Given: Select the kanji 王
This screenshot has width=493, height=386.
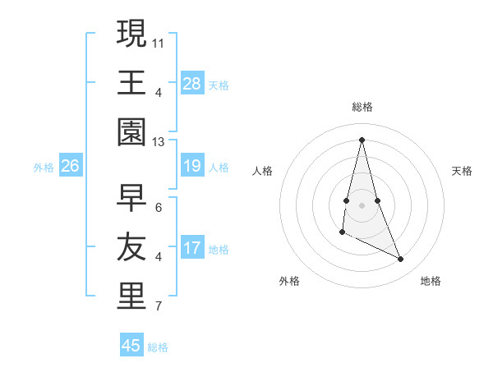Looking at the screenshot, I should tap(131, 82).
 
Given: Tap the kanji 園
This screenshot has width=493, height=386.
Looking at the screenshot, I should tap(131, 132).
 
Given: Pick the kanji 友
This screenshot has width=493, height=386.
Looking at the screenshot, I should tap(131, 247).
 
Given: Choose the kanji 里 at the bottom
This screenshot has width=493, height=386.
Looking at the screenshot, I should tap(131, 296).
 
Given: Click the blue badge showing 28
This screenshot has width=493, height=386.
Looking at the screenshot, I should tap(192, 84).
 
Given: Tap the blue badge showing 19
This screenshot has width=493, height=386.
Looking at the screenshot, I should tap(192, 167).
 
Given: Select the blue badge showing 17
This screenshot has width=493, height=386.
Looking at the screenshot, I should tap(192, 249).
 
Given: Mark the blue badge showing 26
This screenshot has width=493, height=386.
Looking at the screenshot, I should tap(71, 167).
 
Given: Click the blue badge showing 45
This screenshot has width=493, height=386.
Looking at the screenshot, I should tap(131, 346).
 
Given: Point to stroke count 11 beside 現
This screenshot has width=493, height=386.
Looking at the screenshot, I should tap(159, 41).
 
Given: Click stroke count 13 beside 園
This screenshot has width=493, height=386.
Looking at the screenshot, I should tap(159, 141).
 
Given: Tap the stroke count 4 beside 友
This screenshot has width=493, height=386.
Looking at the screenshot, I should tap(159, 256).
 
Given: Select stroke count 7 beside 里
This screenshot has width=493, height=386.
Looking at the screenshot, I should tap(159, 307).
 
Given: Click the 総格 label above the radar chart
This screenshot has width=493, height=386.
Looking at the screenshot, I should tap(362, 107).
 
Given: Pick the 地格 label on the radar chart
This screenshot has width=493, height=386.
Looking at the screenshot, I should tap(431, 281).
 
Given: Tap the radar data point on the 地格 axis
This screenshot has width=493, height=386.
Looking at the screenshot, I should tap(401, 259).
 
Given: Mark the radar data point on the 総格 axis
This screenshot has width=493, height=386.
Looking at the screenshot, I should tap(362, 139).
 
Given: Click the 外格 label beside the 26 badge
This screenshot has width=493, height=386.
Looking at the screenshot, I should tap(44, 168).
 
